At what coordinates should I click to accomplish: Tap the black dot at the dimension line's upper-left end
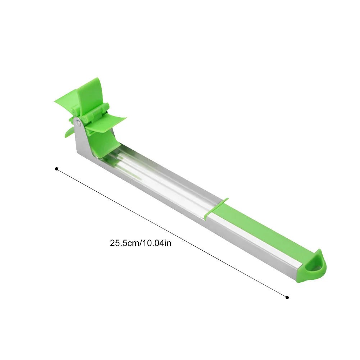[57, 169]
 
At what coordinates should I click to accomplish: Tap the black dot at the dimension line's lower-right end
[287, 297]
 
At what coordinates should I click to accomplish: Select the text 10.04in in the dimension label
[157, 243]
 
